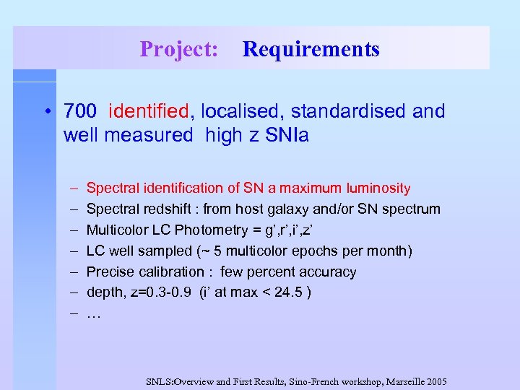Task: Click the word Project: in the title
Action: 179,49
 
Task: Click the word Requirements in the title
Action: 311,49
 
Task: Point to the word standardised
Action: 343,111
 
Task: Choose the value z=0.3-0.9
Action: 165,293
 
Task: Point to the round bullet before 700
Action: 47,112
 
